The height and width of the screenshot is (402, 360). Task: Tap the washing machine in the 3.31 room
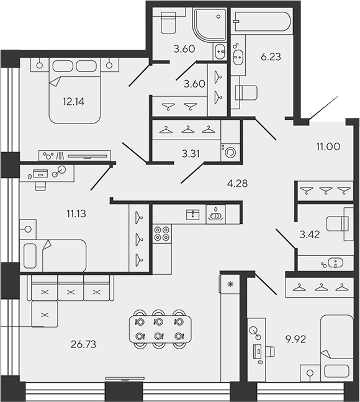point(230,151)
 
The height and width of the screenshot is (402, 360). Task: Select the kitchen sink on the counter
point(215,214)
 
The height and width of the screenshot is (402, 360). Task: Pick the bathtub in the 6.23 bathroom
point(261,23)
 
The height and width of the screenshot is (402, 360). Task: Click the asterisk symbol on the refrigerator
point(230,284)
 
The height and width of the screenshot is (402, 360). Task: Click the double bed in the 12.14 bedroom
point(74,90)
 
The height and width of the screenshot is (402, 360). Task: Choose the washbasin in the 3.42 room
point(332,263)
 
